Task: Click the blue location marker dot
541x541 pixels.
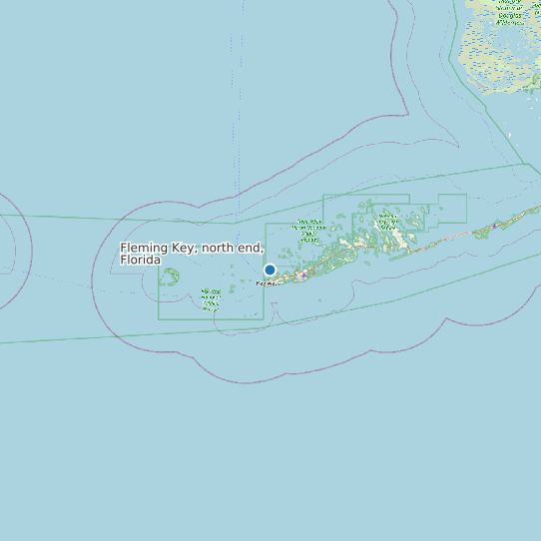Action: (270, 270)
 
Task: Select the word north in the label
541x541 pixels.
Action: (220, 248)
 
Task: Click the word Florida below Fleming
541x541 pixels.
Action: (140, 260)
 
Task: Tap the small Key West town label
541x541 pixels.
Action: (268, 283)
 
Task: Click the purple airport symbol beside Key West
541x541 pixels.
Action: (303, 274)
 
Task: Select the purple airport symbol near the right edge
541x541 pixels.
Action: (493, 227)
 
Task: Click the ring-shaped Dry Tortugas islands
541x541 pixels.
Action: (171, 276)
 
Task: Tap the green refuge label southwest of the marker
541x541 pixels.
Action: (211, 299)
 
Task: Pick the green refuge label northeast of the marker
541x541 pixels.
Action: (308, 232)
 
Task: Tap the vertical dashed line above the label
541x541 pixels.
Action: (240, 120)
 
